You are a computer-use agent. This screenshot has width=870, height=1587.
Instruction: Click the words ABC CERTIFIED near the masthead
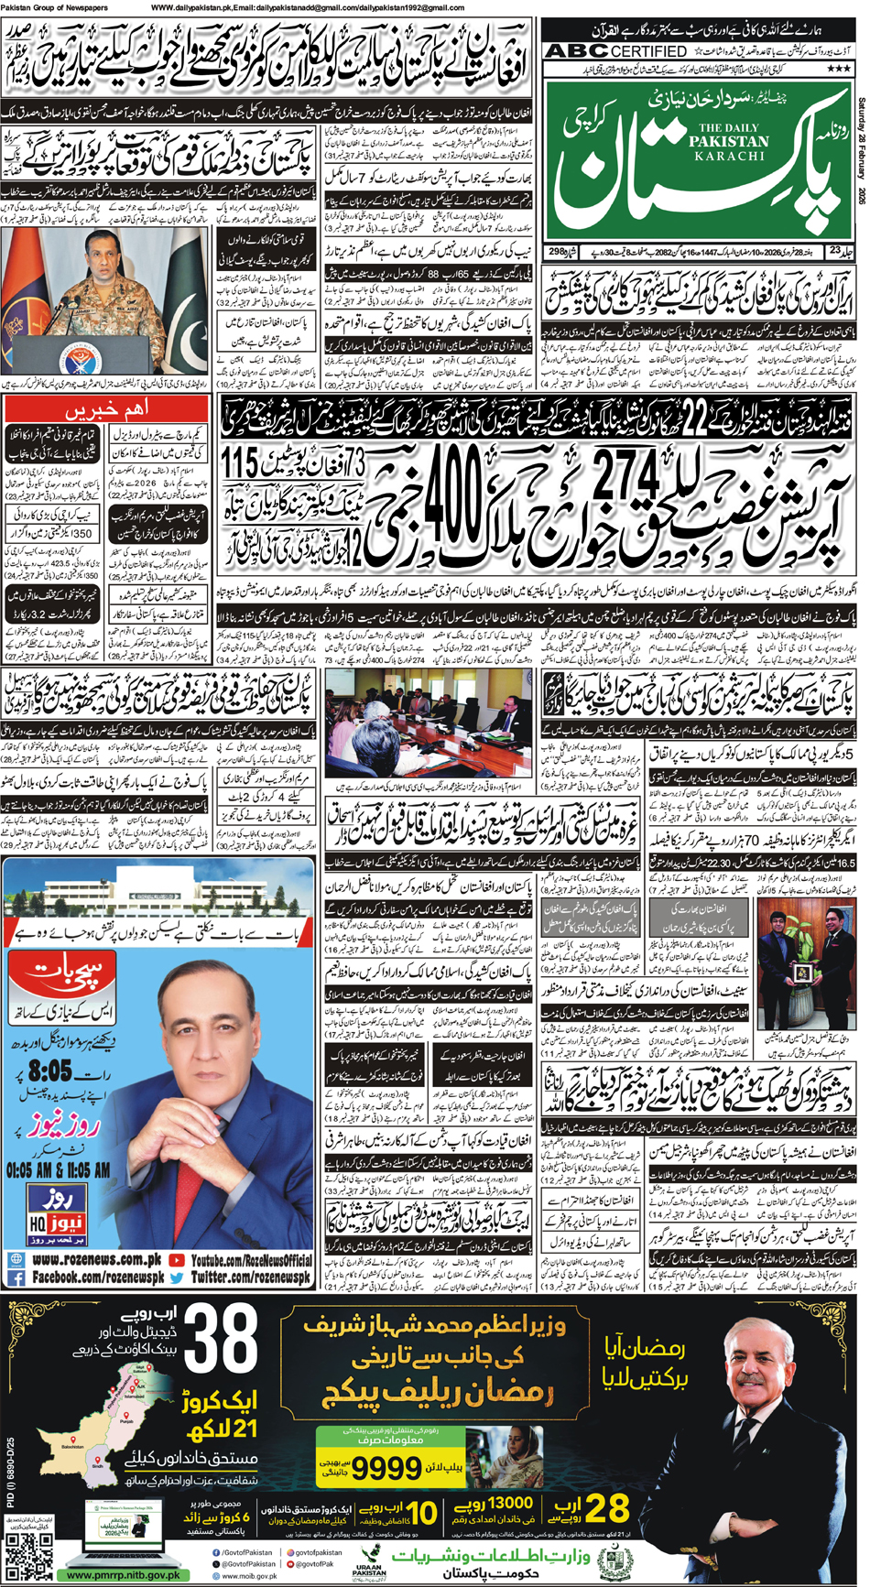point(614,51)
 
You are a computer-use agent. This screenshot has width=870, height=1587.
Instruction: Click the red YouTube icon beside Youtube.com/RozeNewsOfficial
point(177,1260)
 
